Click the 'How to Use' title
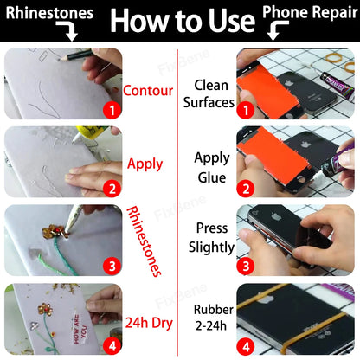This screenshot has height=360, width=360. [183, 20]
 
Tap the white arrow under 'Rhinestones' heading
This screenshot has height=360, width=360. [68, 30]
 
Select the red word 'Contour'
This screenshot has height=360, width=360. [148, 91]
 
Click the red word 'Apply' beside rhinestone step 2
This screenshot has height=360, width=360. [145, 164]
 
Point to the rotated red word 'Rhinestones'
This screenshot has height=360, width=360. [144, 241]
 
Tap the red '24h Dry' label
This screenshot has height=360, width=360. [149, 323]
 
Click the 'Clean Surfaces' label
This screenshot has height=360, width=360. [209, 93]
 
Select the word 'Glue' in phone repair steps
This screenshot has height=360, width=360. [212, 177]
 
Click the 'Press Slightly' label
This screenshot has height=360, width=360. [211, 238]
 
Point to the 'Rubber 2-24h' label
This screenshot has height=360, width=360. [213, 318]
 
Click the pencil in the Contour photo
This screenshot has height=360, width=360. [77, 55]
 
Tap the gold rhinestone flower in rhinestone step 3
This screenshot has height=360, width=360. [54, 231]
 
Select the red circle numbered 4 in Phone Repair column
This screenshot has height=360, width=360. [246, 345]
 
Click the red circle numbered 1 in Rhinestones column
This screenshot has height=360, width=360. [112, 110]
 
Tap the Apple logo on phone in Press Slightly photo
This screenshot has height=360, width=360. [276, 215]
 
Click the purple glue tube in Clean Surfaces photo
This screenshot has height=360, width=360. [337, 86]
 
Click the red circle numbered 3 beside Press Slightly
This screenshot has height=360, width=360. [246, 266]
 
